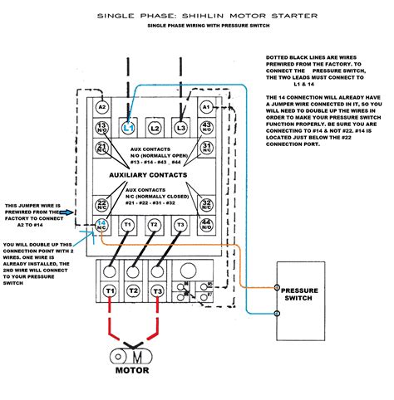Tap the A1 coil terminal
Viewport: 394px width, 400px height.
[206, 106]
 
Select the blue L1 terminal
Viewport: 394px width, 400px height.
[129, 127]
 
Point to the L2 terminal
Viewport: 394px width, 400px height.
[155, 127]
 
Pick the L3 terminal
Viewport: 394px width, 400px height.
[180, 127]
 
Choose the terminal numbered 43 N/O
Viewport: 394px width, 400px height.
[206, 126]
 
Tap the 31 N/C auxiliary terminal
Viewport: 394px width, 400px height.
[206, 148]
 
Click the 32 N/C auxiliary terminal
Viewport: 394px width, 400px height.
[206, 204]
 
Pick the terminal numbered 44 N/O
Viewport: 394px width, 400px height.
[206, 225]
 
